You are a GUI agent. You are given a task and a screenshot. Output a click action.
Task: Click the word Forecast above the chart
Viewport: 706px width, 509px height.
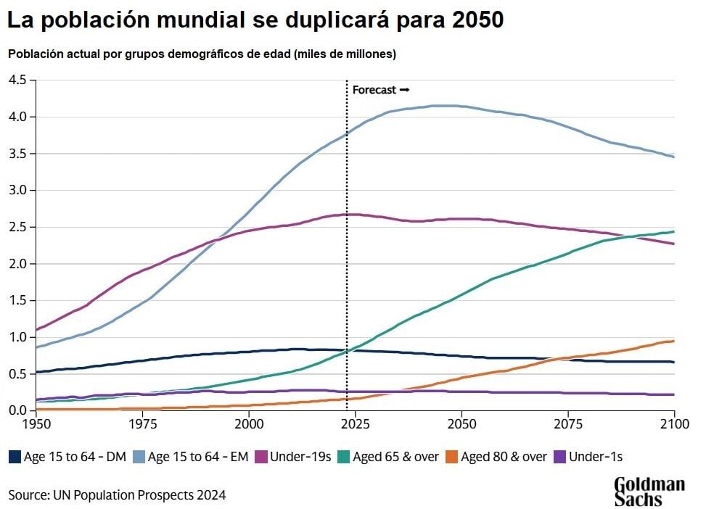click(374, 90)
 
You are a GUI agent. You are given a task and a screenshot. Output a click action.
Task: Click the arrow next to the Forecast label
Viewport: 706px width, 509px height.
click(405, 90)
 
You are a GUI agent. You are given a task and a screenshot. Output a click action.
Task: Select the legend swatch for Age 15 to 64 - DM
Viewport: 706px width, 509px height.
click(15, 457)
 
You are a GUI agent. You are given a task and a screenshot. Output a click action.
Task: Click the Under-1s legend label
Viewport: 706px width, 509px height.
click(596, 457)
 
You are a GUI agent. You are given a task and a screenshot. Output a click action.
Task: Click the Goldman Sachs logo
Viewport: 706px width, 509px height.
click(649, 492)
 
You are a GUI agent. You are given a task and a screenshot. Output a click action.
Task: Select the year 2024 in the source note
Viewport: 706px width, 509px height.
click(212, 495)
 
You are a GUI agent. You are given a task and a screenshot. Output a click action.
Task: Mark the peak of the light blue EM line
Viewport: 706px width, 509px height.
click(444, 106)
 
